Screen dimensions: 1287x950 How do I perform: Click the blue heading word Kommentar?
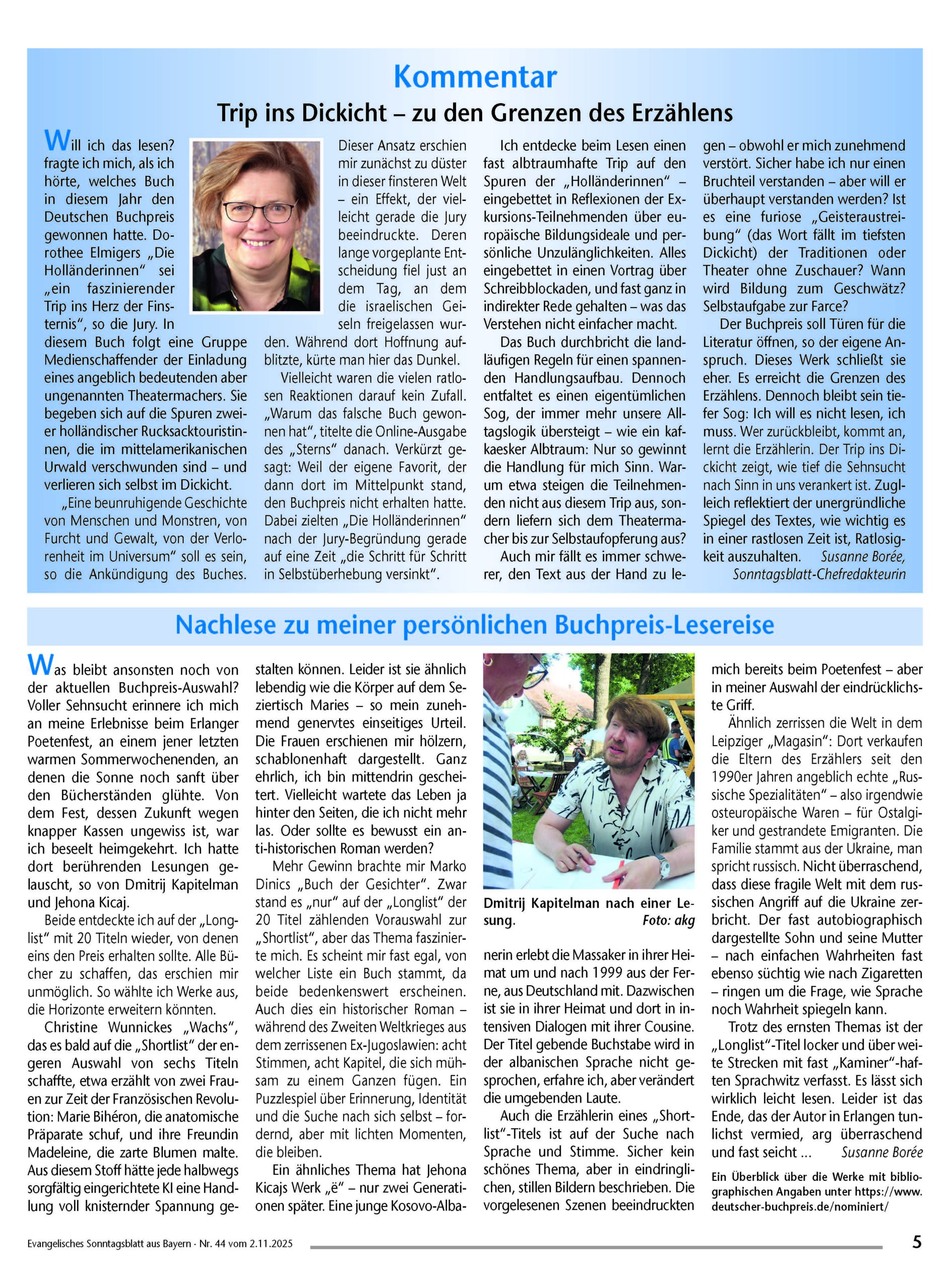475,77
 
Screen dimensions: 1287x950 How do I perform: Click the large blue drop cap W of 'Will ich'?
55,140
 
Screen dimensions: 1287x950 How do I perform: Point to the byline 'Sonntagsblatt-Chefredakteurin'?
819,574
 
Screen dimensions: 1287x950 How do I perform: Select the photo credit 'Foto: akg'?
669,921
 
